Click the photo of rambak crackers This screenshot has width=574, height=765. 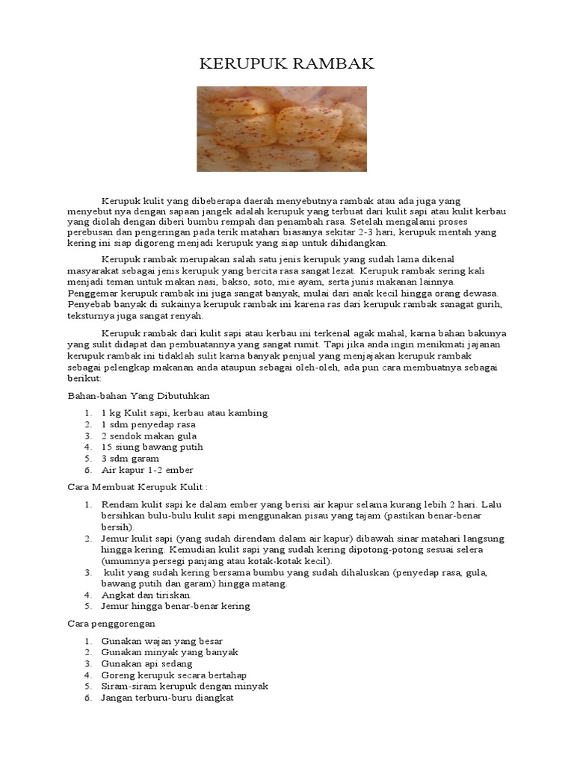pyautogui.click(x=282, y=128)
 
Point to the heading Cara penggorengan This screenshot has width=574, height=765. pyautogui.click(x=111, y=623)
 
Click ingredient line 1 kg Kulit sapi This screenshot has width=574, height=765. pyautogui.click(x=184, y=413)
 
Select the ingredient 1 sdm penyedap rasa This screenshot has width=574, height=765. pyautogui.click(x=148, y=424)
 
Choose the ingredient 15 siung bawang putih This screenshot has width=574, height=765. pyautogui.click(x=152, y=447)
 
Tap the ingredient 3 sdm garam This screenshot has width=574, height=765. pyautogui.click(x=130, y=459)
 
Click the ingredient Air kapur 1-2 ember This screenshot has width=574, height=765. pyautogui.click(x=147, y=470)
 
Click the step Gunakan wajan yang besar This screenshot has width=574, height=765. pyautogui.click(x=161, y=641)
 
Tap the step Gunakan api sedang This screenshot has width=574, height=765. pyautogui.click(x=146, y=663)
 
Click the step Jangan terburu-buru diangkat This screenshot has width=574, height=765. pyautogui.click(x=167, y=698)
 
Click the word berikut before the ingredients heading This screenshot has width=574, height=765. pyautogui.click(x=83, y=379)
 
